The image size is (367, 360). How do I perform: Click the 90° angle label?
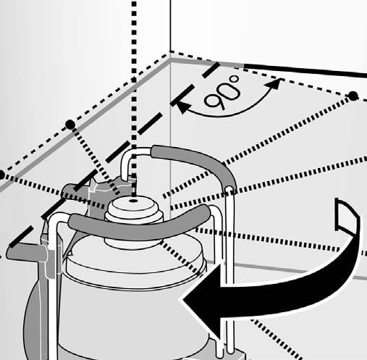222,92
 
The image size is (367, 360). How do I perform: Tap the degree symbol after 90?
235,79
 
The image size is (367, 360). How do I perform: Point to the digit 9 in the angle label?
213,101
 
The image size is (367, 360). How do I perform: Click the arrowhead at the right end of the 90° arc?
274,84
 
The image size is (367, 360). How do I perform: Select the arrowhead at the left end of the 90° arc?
182,106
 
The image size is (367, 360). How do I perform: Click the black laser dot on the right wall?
353,96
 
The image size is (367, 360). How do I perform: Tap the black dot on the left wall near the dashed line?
70,124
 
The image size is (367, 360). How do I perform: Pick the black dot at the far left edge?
1,175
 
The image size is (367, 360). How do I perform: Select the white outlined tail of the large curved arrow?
346,217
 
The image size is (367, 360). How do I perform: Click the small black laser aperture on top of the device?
133,201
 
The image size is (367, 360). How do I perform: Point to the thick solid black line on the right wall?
305,71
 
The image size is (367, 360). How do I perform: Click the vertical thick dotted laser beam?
134,96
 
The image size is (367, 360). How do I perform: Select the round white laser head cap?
134,212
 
